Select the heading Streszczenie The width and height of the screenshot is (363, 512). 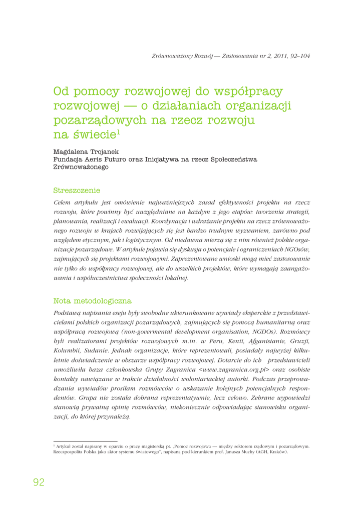pyautogui.click(x=77, y=190)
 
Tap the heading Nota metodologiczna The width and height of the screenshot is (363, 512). pyautogui.click(x=92, y=301)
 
